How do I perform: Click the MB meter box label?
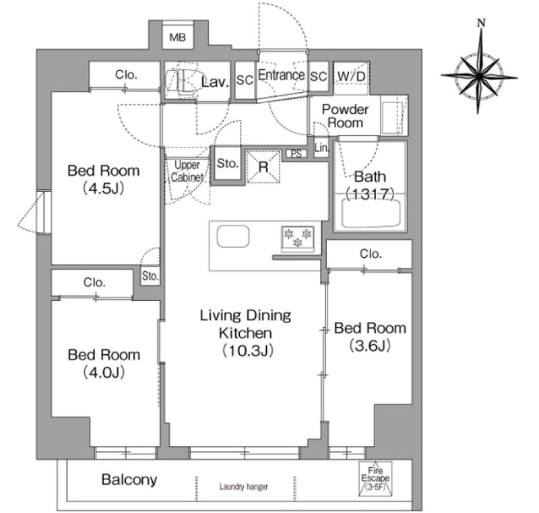(177, 37)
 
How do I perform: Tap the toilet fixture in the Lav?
(182, 81)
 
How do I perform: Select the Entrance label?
(281, 75)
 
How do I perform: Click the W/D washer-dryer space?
(351, 77)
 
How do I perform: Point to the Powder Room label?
(345, 116)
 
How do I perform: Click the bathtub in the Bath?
(371, 213)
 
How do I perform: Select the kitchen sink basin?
(233, 236)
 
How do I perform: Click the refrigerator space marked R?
(263, 167)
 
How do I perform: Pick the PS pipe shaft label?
(296, 153)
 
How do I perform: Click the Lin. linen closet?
(321, 147)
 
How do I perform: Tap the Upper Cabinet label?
(187, 171)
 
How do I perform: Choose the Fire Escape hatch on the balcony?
(375, 478)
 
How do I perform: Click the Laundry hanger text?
(244, 486)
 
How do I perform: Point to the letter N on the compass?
(482, 23)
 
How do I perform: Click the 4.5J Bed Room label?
(104, 179)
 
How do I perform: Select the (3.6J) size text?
(370, 345)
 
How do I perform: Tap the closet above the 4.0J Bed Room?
(92, 283)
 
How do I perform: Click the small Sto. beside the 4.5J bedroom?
(150, 276)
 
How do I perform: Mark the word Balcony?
(129, 479)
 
